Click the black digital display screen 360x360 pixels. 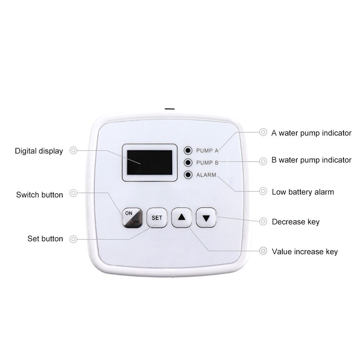[x=150, y=163]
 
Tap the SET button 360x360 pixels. [x=157, y=218]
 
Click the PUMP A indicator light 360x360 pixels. [x=187, y=150]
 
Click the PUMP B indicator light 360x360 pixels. [x=187, y=163]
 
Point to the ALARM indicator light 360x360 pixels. [x=187, y=175]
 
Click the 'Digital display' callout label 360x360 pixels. [x=39, y=151]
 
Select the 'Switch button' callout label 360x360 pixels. [x=40, y=195]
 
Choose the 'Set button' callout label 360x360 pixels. [x=45, y=239]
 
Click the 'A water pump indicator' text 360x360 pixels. [x=311, y=133]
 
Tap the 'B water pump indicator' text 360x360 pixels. [x=311, y=160]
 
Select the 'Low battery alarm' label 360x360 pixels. [x=303, y=192]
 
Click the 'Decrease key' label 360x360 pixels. [x=296, y=222]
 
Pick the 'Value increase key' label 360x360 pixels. [x=305, y=252]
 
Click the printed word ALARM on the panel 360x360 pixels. [x=206, y=175]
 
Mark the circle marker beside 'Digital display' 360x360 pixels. [x=73, y=151]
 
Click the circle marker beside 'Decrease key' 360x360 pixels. [x=263, y=222]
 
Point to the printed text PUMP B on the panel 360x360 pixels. [x=207, y=163]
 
